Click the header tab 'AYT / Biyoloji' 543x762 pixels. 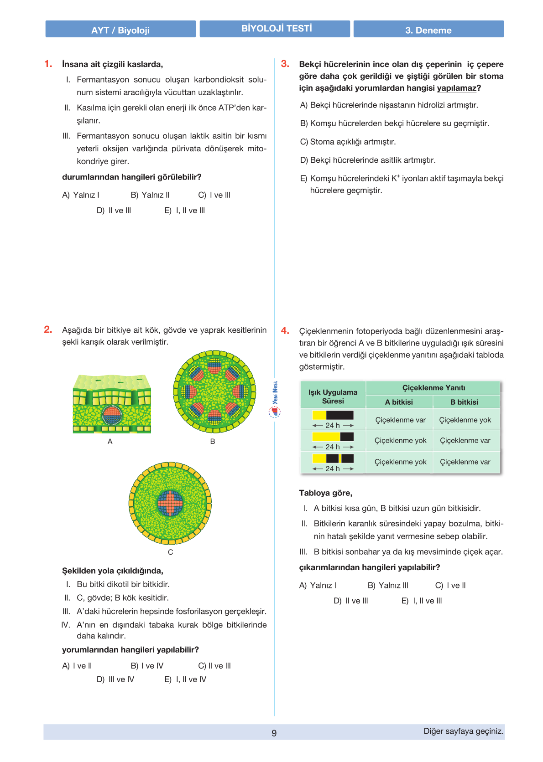coord(120,30)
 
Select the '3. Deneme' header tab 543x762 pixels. coord(428,30)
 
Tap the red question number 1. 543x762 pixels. coord(48,64)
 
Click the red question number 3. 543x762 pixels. coord(285,64)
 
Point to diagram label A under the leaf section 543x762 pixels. coord(110,441)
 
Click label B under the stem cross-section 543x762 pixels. coord(213,441)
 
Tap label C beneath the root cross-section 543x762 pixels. coord(170,552)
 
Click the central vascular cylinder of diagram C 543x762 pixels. coord(170,503)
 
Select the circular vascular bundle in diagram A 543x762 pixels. coord(111,415)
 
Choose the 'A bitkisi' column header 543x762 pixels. coord(399,402)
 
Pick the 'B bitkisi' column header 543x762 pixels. coord(464,402)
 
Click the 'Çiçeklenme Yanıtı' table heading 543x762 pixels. coord(433,388)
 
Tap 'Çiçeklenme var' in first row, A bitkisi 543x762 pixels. coord(400,420)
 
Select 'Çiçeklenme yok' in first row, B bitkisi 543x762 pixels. coord(465,420)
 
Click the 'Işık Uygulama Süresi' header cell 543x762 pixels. coord(333,396)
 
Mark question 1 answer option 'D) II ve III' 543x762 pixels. coord(114,211)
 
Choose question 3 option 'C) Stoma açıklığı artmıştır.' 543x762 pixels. coord(348,142)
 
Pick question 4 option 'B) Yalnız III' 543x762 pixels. coord(388,585)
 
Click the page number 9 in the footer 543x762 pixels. coord(274,733)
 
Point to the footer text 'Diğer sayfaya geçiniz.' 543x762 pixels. coord(463,731)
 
